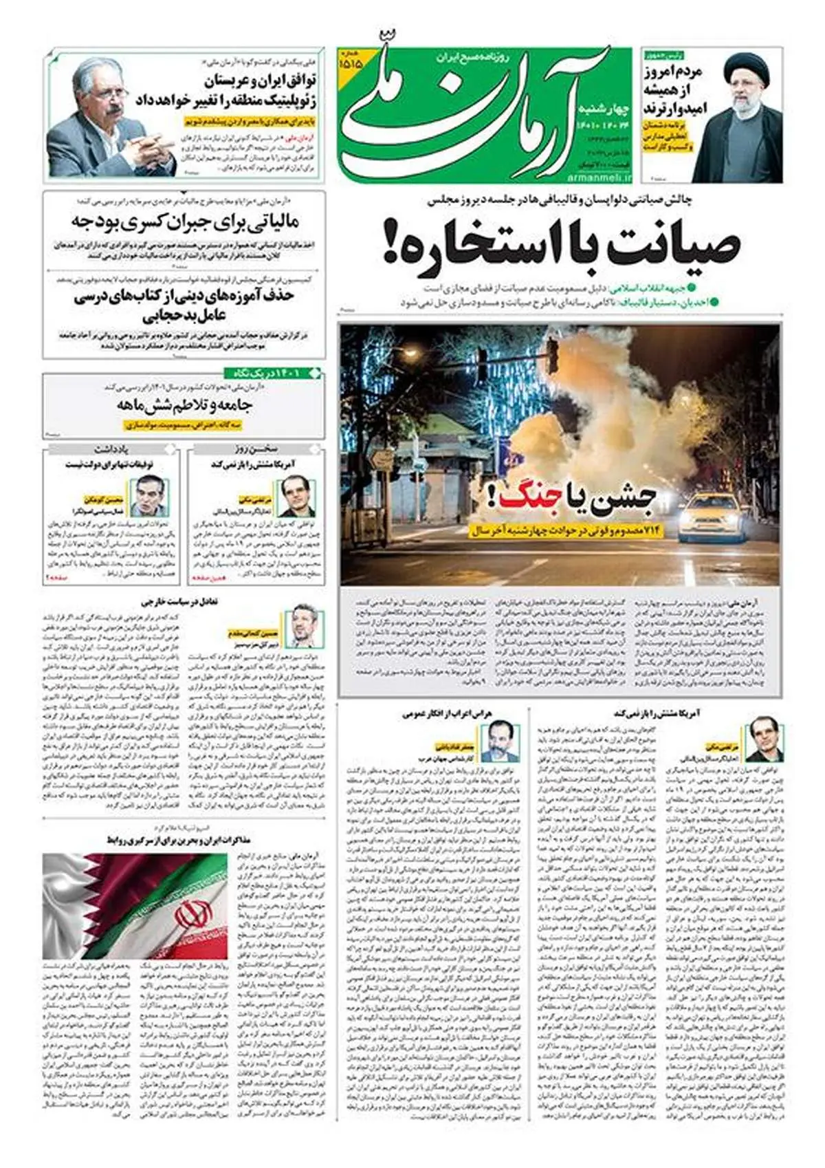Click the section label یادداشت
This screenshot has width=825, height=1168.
[x=113, y=449]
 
